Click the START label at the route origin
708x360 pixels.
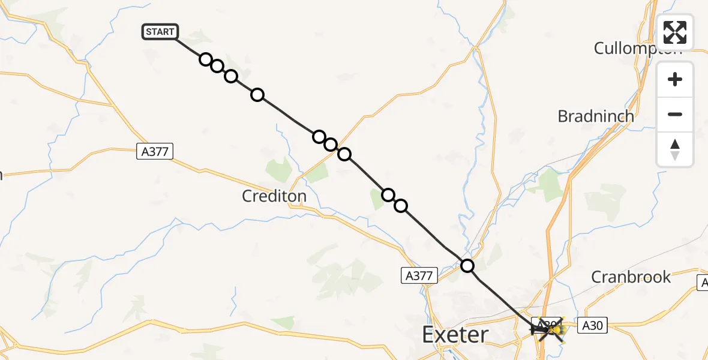(x=160, y=32)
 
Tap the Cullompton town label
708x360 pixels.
(x=638, y=48)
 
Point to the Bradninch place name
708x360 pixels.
(x=595, y=116)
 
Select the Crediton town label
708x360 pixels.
(x=274, y=196)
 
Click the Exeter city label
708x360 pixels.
(x=455, y=335)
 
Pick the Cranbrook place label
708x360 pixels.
(x=631, y=277)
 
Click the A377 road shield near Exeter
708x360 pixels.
(x=418, y=275)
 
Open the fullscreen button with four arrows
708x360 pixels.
(x=675, y=32)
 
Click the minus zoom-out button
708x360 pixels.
(x=675, y=114)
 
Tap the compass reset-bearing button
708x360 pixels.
(x=675, y=149)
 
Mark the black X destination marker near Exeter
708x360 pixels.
(x=547, y=329)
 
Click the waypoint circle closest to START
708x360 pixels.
(x=206, y=59)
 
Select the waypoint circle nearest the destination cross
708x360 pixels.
(x=467, y=265)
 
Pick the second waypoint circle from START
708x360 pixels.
(x=217, y=66)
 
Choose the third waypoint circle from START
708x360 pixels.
(x=231, y=76)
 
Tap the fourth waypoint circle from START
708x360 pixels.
(x=257, y=95)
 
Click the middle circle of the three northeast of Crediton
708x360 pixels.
(x=331, y=145)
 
